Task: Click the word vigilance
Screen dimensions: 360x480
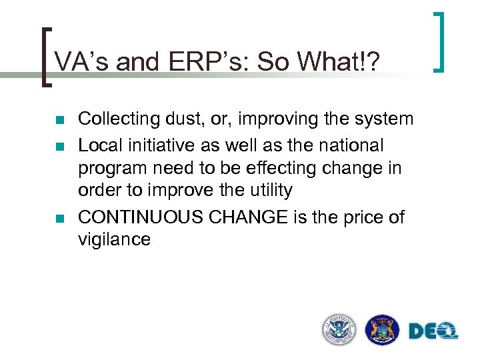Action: pyautogui.click(x=114, y=239)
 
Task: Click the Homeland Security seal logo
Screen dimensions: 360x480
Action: pyautogui.click(x=339, y=329)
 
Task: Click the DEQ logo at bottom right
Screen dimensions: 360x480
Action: pyautogui.click(x=433, y=330)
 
